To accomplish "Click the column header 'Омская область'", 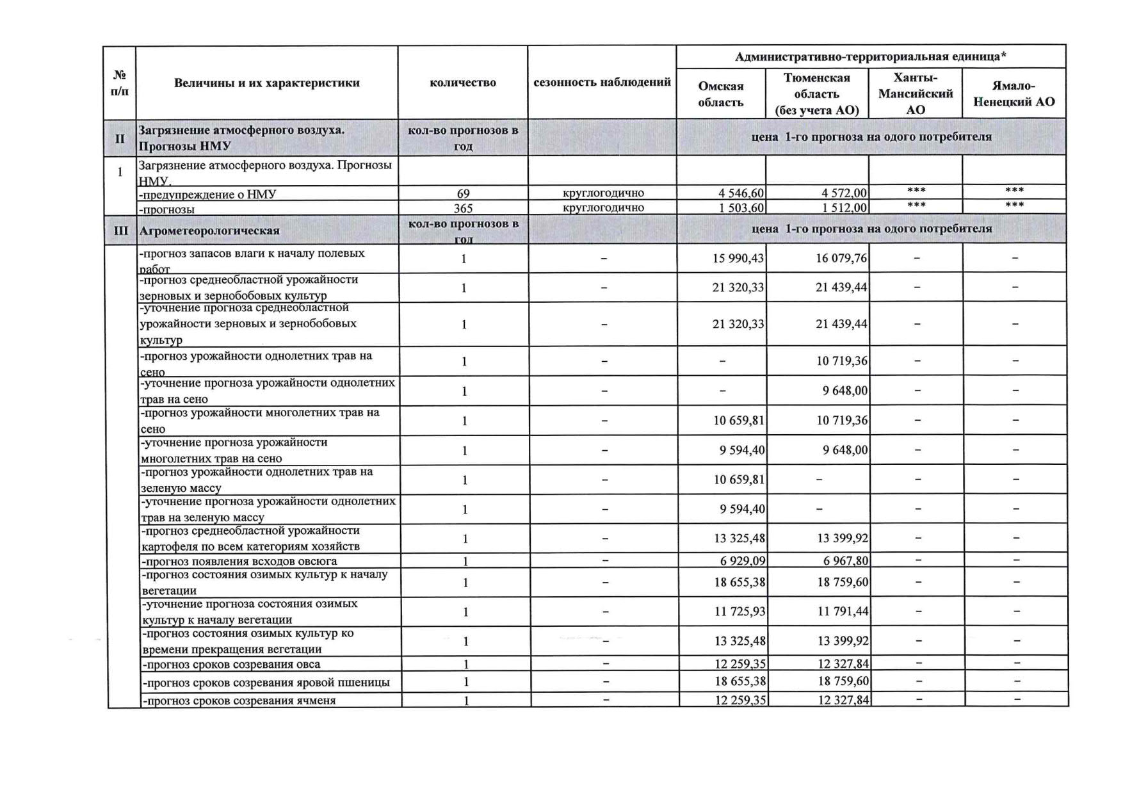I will [x=720, y=94].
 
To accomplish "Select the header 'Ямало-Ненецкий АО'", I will [x=1014, y=93].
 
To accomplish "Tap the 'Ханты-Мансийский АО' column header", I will [x=915, y=93].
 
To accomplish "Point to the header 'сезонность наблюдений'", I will [x=602, y=82].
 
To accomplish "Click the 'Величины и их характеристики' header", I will [x=266, y=83].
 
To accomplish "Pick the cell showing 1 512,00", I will [x=844, y=207].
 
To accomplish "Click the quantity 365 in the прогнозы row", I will [x=463, y=208].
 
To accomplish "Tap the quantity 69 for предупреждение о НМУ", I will [x=463, y=193].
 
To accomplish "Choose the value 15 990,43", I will [x=738, y=258].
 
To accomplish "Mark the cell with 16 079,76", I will [x=841, y=258].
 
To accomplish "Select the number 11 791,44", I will [x=843, y=612].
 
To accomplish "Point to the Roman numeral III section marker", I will [x=120, y=231].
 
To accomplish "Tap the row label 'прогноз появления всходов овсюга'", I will [x=239, y=562].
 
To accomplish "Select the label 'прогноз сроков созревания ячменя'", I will [x=239, y=701].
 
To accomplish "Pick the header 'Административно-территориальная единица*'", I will [x=870, y=57].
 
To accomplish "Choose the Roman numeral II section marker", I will [x=120, y=138].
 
